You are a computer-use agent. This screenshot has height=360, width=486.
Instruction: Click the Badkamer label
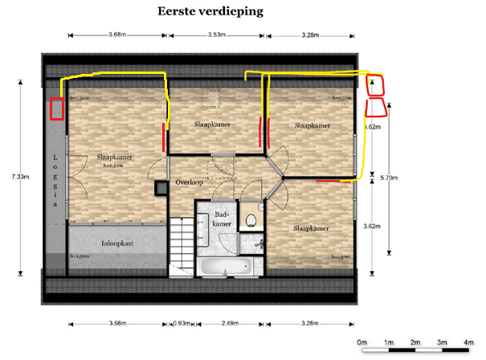[224, 219]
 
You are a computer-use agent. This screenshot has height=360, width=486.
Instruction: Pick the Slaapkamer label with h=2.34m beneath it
[114, 157]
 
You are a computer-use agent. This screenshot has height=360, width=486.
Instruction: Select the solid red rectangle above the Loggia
[57, 109]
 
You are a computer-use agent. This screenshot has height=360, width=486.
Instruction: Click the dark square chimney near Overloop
[161, 187]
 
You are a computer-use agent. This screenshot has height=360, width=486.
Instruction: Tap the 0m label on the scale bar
[363, 340]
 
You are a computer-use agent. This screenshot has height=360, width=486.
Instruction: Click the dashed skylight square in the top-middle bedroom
[210, 96]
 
